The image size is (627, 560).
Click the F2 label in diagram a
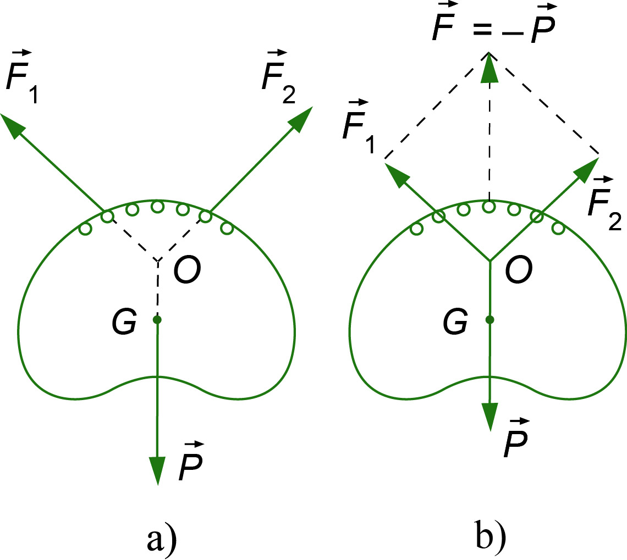(x=279, y=77)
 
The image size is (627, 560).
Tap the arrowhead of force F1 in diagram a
(x=12, y=125)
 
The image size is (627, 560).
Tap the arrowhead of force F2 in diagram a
(x=300, y=119)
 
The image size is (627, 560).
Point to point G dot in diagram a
(x=157, y=319)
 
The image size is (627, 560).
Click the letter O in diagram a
(x=187, y=270)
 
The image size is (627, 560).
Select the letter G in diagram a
(x=124, y=321)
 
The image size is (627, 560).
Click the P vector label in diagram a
(x=191, y=461)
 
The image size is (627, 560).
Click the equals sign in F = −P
(x=482, y=29)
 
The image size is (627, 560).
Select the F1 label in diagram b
(x=359, y=126)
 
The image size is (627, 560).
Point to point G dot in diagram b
(x=490, y=319)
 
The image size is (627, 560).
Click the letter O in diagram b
(x=519, y=270)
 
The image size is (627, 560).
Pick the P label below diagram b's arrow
(x=516, y=437)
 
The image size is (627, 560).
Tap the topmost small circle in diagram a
(x=157, y=207)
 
